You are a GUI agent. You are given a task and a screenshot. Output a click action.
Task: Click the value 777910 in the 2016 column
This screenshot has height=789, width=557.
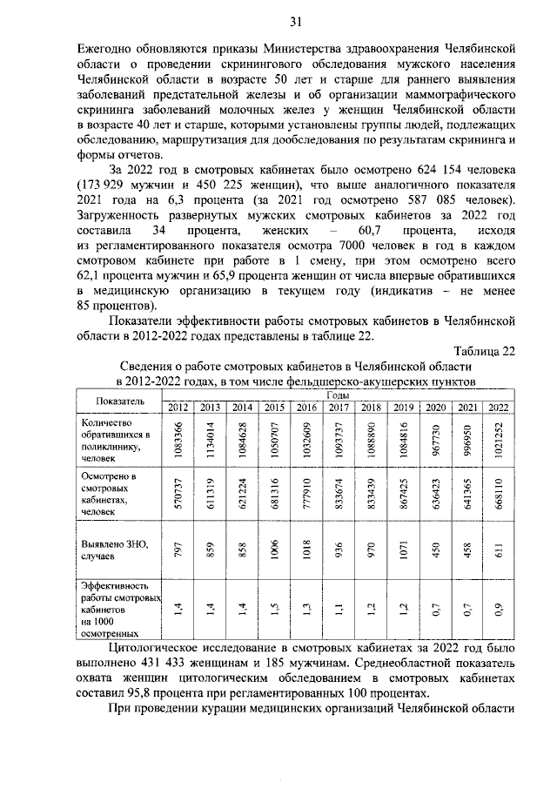pyautogui.click(x=305, y=494)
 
